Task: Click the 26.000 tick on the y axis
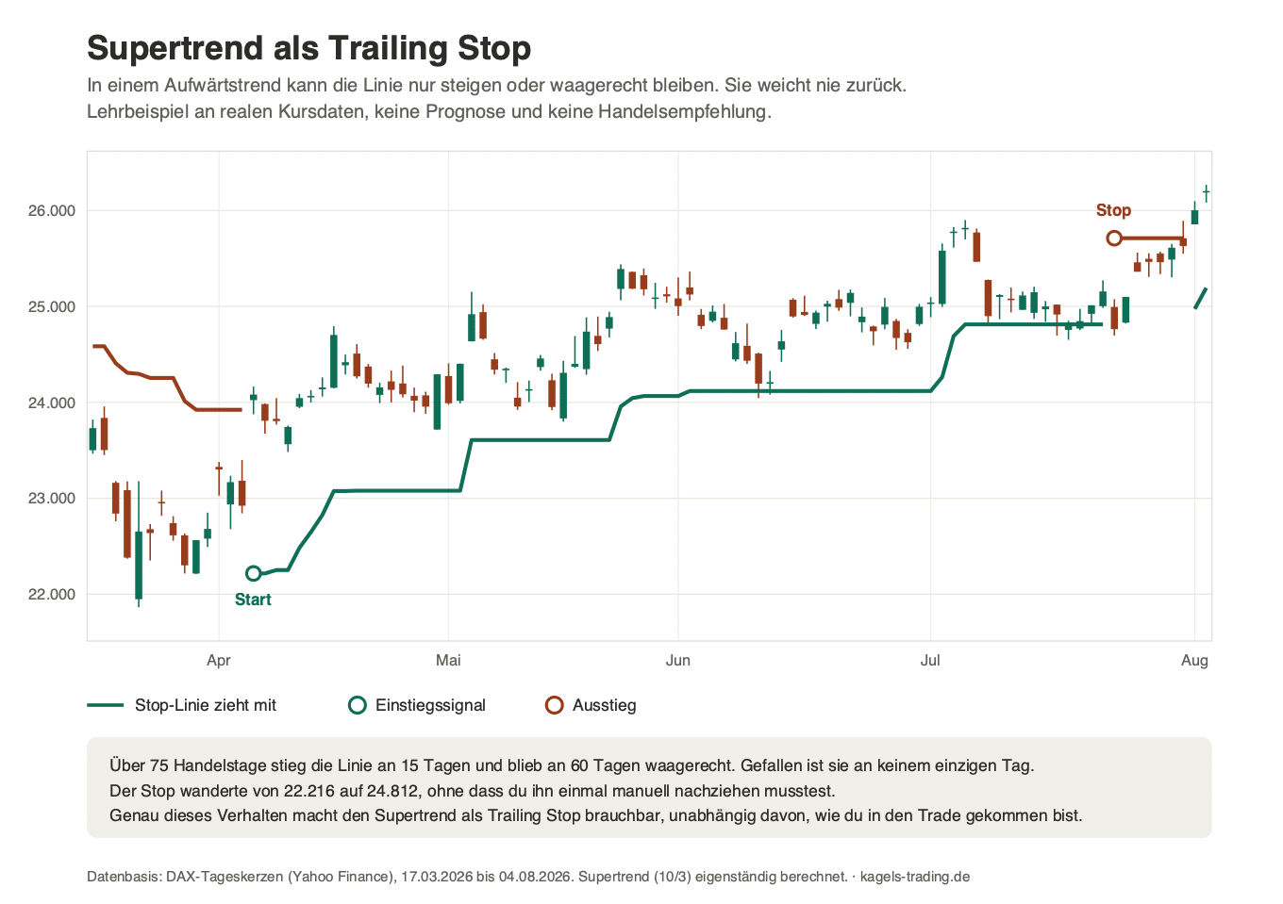point(52,211)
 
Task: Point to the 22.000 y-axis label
point(52,595)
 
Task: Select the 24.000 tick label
point(52,403)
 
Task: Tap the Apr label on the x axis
point(218,661)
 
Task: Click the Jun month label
point(677,661)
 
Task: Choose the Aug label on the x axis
point(1194,661)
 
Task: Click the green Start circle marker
point(253,573)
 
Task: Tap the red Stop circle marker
point(1113,238)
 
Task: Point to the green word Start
point(253,600)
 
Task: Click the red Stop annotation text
point(1113,210)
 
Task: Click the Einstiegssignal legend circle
point(358,705)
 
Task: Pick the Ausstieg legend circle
point(555,705)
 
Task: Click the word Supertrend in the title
point(176,48)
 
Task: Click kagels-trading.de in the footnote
point(915,877)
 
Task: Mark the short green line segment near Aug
point(1201,298)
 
